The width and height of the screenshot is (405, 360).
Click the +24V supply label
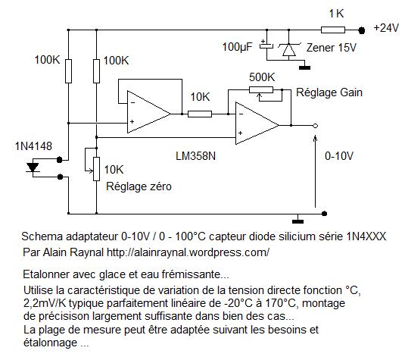pos(386,28)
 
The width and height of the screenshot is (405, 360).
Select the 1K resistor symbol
pos(333,30)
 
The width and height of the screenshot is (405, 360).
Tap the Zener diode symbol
pos(289,49)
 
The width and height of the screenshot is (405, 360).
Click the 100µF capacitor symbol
pos(266,45)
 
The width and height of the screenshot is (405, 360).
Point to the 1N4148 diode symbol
pos(33,167)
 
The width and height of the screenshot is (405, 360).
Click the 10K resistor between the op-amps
pos(200,114)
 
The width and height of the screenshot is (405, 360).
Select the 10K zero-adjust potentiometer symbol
pos(94,164)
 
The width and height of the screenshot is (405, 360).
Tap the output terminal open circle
pos(315,126)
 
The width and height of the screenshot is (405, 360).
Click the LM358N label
pos(195,156)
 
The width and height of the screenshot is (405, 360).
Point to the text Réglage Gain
pos(329,92)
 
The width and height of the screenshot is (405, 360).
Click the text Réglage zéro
pos(139,186)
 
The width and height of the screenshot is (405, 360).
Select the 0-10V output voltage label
pos(339,156)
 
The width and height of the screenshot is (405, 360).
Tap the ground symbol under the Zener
pos(305,67)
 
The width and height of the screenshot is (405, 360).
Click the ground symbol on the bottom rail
pos(298,221)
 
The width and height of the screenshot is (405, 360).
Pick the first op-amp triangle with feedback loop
pos(148,112)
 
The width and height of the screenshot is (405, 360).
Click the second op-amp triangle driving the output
pos(257,123)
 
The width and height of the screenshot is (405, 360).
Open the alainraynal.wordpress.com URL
pos(188,252)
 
